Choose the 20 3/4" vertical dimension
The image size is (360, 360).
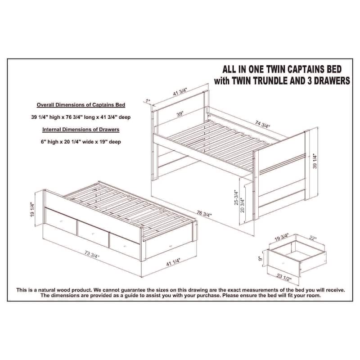(x=243, y=204)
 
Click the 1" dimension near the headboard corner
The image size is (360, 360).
(x=147, y=100)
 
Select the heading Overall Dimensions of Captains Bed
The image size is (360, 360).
(x=81, y=104)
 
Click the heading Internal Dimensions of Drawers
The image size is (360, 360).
(x=81, y=130)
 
